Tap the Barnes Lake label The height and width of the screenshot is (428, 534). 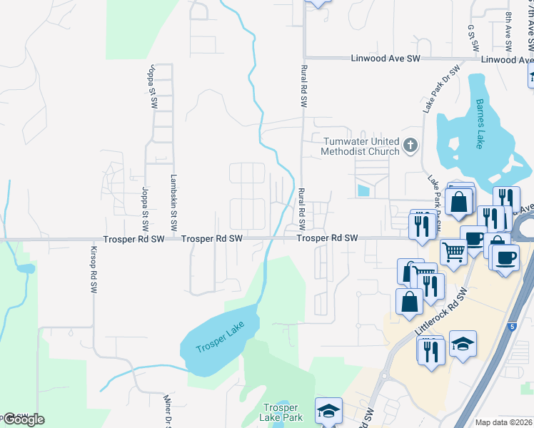[x=477, y=126]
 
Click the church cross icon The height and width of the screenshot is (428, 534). [x=410, y=146]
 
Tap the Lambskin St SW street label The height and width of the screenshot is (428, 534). [x=173, y=199]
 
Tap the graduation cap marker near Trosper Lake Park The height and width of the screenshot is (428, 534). [x=328, y=410]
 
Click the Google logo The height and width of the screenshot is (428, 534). [x=23, y=419]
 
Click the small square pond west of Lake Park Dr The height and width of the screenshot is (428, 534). [x=364, y=190]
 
